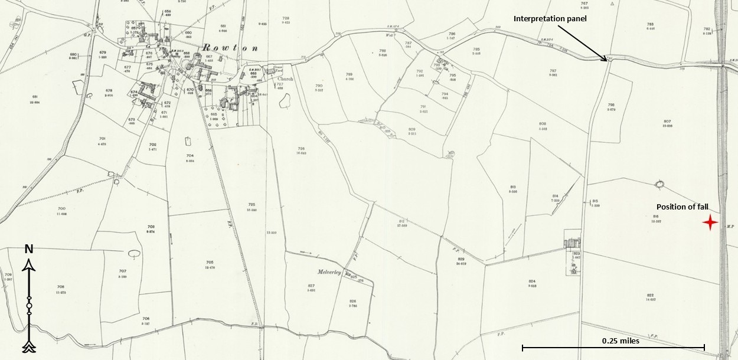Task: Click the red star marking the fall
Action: pos(710,222)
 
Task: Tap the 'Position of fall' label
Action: pos(683,207)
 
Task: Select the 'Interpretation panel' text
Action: pos(550,19)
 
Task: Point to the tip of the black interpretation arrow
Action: pos(606,60)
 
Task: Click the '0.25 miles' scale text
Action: pos(621,341)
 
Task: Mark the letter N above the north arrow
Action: pos(28,249)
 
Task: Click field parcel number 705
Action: pos(209,262)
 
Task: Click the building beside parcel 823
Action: pos(572,243)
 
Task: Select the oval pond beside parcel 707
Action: pos(134,254)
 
